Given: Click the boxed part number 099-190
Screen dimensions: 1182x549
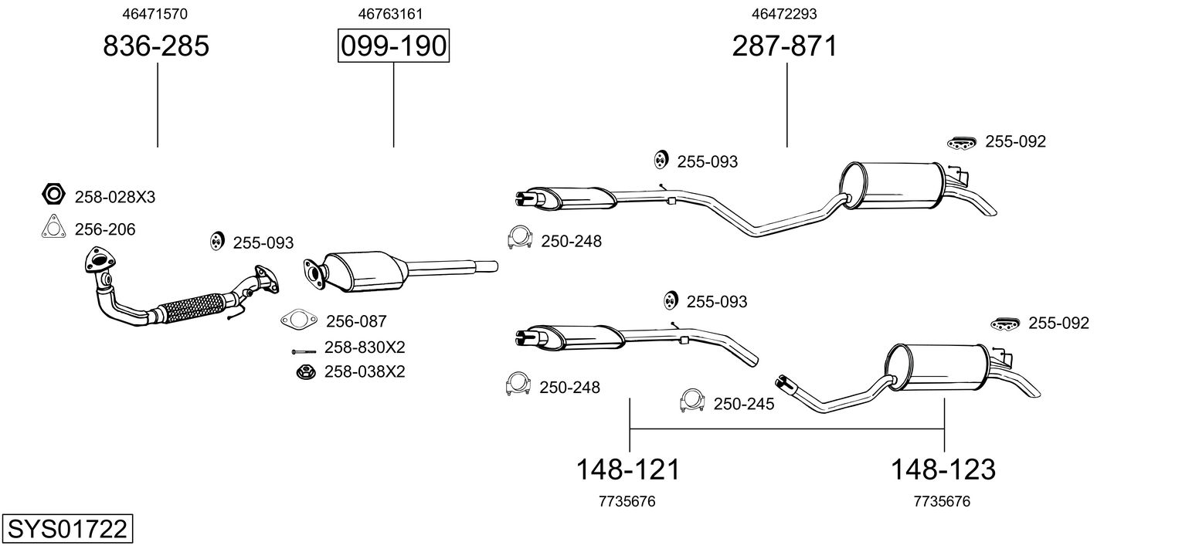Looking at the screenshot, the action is coord(393,46).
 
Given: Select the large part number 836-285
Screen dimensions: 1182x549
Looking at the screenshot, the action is coord(156,46).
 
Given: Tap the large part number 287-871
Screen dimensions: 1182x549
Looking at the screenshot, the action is coord(785,46).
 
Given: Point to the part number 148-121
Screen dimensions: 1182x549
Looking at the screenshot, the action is coord(628,469).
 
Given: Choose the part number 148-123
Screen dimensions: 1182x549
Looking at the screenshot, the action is coord(943,469).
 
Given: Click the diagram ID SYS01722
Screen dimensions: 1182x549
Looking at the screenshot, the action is coord(66,530).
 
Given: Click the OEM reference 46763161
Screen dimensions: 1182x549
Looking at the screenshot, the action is coord(390,14).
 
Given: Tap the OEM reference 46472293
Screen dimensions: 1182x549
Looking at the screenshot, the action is coord(784,14).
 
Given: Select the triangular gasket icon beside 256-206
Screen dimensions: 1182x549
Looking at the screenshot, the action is coord(53,228).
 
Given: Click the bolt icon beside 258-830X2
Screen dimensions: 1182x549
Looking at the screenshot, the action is coord(303,351).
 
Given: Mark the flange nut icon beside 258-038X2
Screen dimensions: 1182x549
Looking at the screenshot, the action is coord(305,372).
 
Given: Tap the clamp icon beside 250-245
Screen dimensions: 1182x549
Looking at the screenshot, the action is coord(693,400).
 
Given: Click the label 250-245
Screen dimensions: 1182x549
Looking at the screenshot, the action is coord(743,404).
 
